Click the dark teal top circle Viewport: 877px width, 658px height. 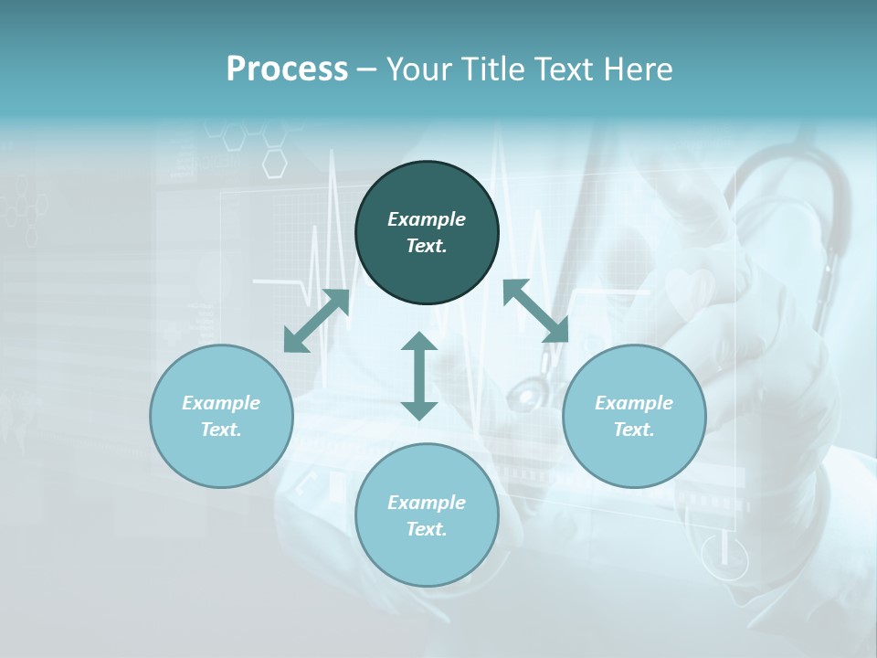[x=427, y=233]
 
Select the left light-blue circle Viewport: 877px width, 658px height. [x=221, y=416]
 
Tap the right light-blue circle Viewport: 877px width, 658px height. [x=634, y=416]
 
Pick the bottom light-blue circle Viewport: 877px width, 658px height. [x=427, y=515]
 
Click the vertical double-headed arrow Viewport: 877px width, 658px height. [x=419, y=376]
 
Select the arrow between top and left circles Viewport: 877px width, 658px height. [x=316, y=321]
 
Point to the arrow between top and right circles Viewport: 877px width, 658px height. [x=535, y=311]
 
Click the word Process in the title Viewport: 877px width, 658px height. [x=287, y=69]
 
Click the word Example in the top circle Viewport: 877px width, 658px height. [x=427, y=219]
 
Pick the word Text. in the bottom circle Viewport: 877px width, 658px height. [x=427, y=529]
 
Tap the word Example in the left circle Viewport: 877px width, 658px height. [x=221, y=403]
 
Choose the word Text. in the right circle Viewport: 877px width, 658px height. [x=634, y=430]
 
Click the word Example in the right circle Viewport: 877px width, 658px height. [x=634, y=403]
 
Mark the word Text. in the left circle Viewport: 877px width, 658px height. [x=221, y=430]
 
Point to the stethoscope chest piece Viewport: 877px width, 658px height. [x=527, y=396]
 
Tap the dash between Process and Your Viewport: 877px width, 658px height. [x=367, y=69]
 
